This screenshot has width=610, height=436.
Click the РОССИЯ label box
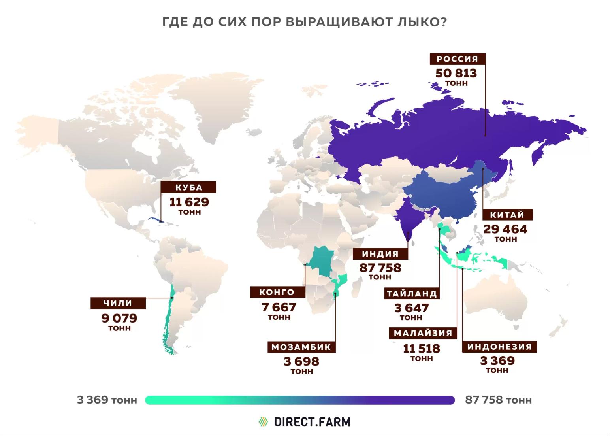click(457, 59)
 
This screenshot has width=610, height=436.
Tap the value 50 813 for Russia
click(456, 73)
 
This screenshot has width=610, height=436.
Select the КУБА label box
click(189, 187)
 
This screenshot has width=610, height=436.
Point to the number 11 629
click(189, 202)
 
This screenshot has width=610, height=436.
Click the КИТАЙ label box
click(507, 215)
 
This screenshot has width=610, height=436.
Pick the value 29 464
click(505, 229)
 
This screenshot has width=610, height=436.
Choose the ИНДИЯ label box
click(380, 254)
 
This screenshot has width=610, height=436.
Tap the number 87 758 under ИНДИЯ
click(380, 268)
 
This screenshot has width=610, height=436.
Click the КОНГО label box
click(277, 293)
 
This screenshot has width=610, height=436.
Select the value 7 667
click(279, 307)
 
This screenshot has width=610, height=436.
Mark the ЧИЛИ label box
click(118, 303)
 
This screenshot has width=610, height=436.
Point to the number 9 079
click(119, 318)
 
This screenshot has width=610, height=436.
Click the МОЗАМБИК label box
click(301, 347)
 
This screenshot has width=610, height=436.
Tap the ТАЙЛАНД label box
click(412, 294)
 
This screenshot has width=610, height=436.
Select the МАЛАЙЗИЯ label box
click(423, 333)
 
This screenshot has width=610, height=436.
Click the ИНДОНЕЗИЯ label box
click(500, 347)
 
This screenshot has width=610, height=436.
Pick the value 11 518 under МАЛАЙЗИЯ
click(422, 349)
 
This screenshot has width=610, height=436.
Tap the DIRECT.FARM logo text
click(312, 422)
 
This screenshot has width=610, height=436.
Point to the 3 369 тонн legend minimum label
click(107, 400)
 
